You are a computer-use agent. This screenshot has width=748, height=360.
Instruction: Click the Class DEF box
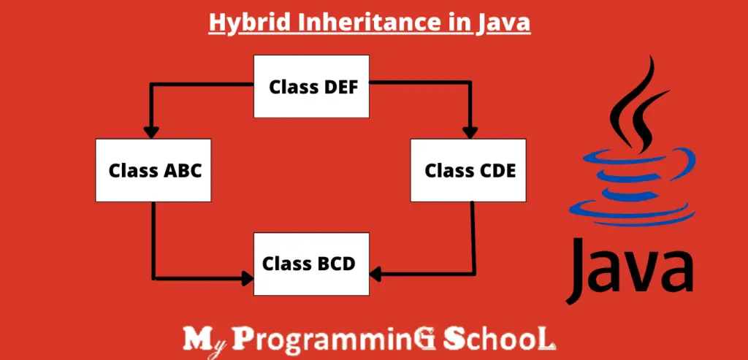pos(311,86)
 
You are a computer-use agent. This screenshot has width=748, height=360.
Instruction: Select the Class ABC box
pos(153,170)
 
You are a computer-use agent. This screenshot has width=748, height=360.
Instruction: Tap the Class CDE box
pos(468,170)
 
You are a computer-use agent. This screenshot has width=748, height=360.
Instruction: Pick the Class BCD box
pos(311,264)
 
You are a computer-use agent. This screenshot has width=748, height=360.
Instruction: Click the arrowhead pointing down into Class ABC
pos(151,132)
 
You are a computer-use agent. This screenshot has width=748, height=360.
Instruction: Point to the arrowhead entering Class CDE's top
pos(470,132)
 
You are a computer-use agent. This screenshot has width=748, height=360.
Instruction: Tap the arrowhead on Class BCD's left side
pos(247,278)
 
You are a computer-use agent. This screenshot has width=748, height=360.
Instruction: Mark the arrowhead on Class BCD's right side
pos(375,274)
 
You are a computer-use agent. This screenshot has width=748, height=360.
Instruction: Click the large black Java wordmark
pos(630,269)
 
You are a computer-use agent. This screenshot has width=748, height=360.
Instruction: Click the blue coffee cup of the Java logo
pos(633,187)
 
